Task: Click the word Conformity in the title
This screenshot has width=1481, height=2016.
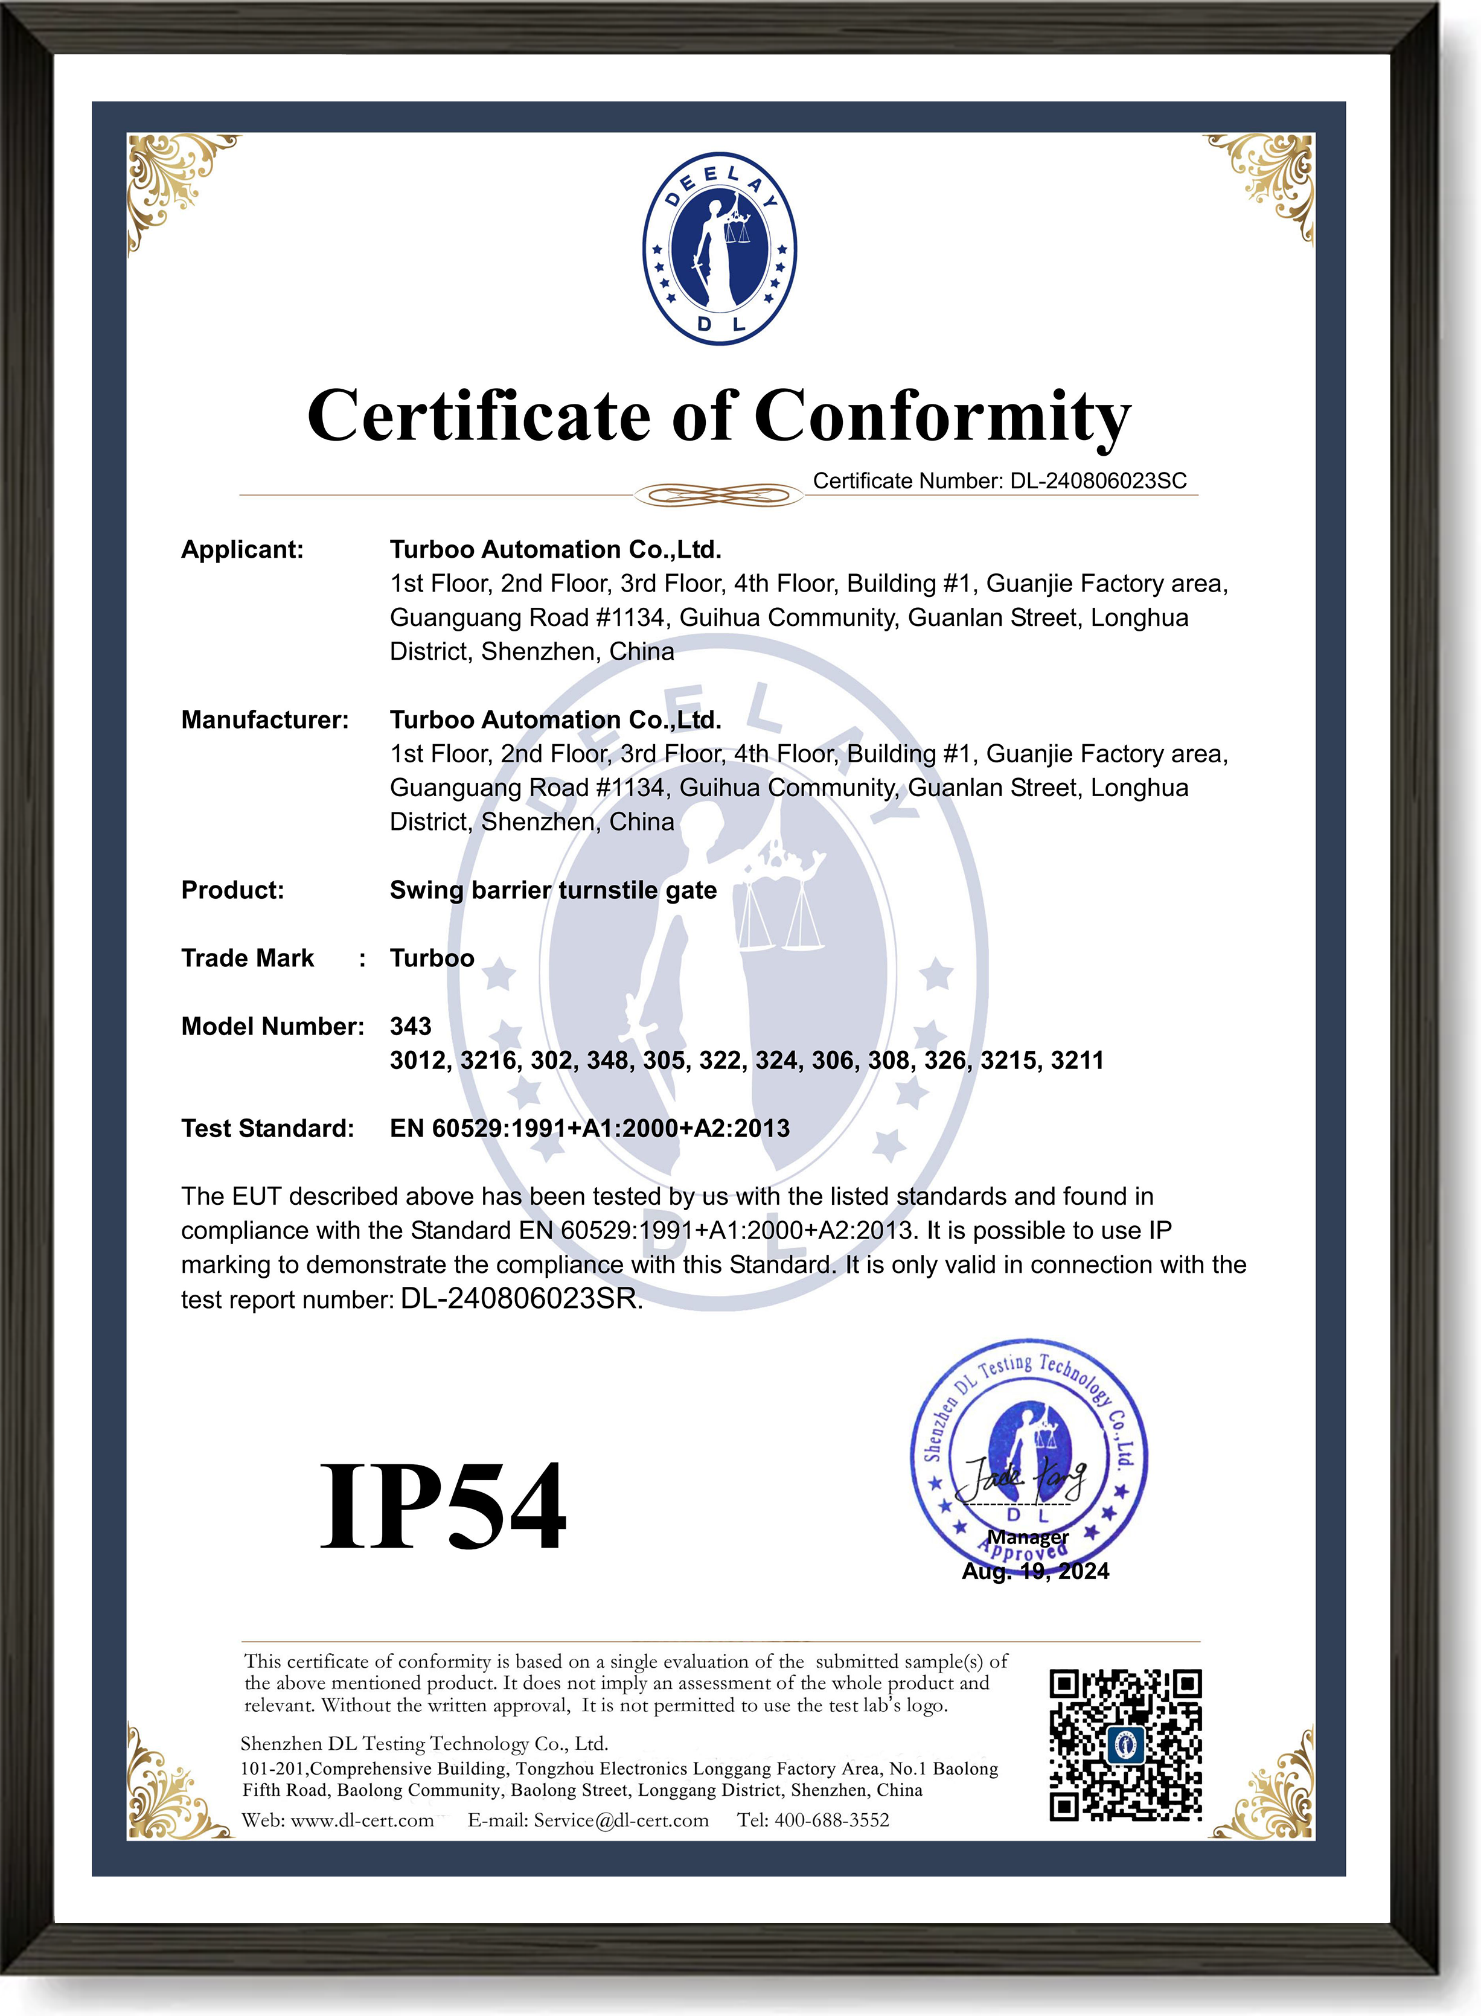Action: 942,416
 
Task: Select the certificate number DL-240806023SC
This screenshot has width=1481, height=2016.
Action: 1098,481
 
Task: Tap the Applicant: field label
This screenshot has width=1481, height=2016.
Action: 242,549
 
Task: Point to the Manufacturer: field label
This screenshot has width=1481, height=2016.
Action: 264,719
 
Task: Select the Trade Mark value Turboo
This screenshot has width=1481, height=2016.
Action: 432,958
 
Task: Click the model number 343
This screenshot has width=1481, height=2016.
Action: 411,1026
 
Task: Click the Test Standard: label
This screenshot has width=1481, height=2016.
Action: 267,1128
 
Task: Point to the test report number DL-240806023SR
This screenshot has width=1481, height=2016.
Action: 521,1299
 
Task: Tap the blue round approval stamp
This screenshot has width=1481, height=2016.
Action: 1029,1461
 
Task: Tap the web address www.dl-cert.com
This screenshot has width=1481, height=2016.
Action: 362,1820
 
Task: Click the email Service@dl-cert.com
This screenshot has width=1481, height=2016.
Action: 621,1820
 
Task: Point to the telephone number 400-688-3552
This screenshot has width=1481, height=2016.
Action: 832,1820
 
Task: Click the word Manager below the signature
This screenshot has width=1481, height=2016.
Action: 1028,1537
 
